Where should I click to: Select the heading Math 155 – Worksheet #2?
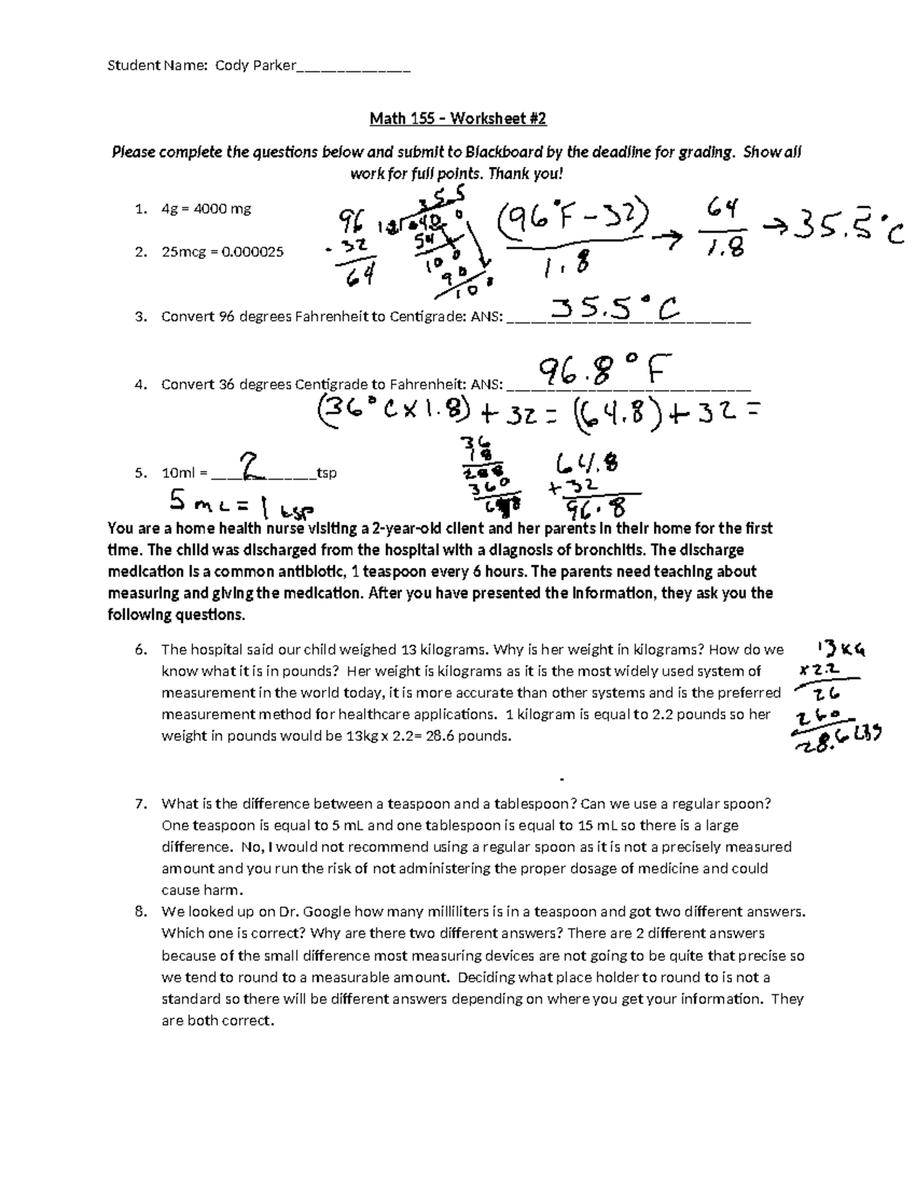[x=458, y=118]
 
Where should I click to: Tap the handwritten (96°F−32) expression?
[x=572, y=221]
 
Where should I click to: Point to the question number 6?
[x=140, y=650]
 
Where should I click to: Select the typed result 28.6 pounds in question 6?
[x=473, y=736]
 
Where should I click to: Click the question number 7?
[x=140, y=803]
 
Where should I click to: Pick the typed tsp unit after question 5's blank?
[x=327, y=473]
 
